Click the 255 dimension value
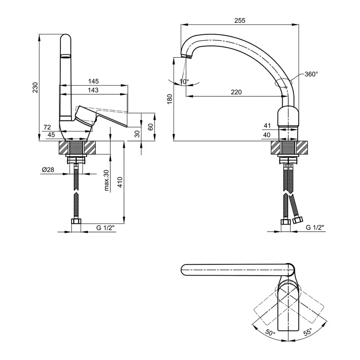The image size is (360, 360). pos(240,20)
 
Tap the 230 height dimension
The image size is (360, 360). pos(35,88)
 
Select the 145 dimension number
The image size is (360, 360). pos(93,81)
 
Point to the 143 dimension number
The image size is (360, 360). pos(93,90)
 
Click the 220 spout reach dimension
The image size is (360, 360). pos(236,92)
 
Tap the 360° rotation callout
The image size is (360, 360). pos(311,74)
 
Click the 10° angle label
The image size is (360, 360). pos(184,81)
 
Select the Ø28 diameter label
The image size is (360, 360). pos(48,170)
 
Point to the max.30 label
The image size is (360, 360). pos(107,181)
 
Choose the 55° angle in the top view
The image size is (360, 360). pos(308,333)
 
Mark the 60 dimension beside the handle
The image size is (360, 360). pos(150,127)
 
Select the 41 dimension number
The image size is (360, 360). pos(267,126)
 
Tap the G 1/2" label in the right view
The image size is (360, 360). pos(315,228)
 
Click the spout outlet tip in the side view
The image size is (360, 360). pos(186,57)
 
